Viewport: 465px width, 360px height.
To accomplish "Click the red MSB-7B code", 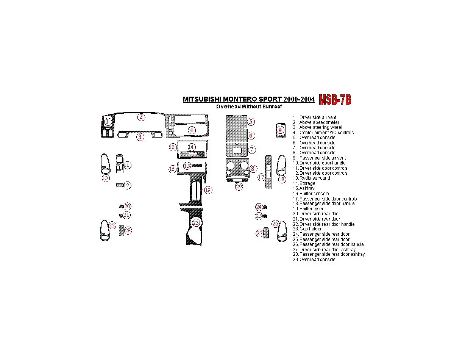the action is pos(335,100).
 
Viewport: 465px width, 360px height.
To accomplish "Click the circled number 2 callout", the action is pos(141,117).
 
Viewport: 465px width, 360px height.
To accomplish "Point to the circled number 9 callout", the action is pos(280,130).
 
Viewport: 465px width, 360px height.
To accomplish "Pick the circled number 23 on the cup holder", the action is pos(196,223).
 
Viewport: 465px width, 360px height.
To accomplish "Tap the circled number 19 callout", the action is pos(208,190).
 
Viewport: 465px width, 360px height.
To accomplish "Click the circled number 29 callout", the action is pos(239,186).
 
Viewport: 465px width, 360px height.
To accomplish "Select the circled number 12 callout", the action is pos(127,185).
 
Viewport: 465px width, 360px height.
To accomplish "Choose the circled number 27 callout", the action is pos(259,233).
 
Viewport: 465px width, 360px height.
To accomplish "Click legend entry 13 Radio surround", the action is pos(311,178).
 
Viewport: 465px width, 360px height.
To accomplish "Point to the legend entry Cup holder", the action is pos(307,229).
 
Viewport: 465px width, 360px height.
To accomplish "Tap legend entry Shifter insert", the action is pos(309,209).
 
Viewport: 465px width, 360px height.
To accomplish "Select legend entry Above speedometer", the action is pos(316,122).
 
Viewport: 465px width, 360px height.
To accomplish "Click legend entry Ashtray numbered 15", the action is pos(303,188).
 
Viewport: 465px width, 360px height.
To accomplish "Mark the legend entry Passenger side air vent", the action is pos(319,158).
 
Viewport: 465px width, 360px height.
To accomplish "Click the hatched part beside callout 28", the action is pos(122,231).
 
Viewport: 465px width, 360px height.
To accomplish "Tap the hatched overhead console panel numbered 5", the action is pos(236,122).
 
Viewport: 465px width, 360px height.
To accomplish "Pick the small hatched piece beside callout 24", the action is pos(265,207).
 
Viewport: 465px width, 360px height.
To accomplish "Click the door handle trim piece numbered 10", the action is pos(105,164).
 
